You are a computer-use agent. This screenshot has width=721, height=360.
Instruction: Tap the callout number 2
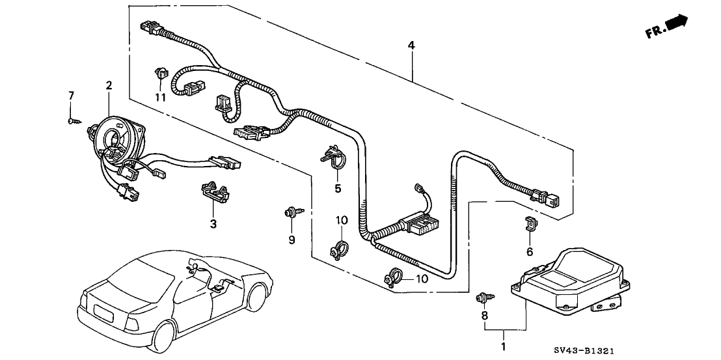(109, 85)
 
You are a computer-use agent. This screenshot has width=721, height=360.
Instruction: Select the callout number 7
(71, 96)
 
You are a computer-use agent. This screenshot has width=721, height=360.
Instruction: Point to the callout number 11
(160, 97)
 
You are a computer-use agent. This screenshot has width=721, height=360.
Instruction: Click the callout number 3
(213, 223)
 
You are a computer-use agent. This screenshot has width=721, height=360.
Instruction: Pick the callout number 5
(338, 189)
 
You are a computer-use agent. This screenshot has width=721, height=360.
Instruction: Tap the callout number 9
(292, 240)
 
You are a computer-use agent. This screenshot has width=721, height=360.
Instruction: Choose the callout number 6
(530, 251)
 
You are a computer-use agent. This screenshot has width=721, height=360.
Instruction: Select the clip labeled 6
(530, 225)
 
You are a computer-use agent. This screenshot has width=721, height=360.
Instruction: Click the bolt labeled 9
(290, 212)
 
